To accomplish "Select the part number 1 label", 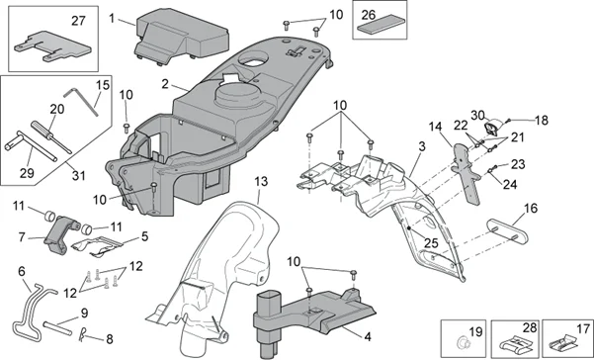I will click(113, 18).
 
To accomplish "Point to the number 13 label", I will click(260, 182).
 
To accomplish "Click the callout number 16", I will click(530, 209).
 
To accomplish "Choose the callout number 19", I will click(473, 331).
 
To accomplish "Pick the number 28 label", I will click(529, 326).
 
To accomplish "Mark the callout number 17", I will click(581, 326).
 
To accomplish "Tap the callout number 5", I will click(144, 237).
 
